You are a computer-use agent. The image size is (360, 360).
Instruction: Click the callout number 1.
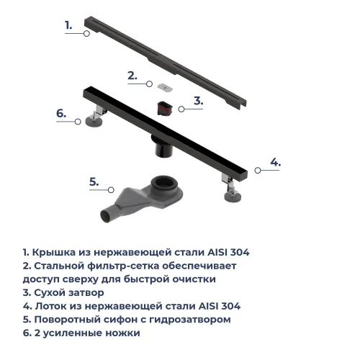[68, 25]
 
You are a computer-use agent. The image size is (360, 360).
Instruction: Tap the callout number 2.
[132, 75]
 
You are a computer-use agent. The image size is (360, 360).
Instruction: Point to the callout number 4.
[275, 161]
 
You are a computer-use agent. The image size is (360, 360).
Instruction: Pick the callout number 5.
[94, 181]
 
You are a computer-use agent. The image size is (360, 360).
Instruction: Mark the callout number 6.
[61, 114]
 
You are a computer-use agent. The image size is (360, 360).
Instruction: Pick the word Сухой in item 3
[50, 293]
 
